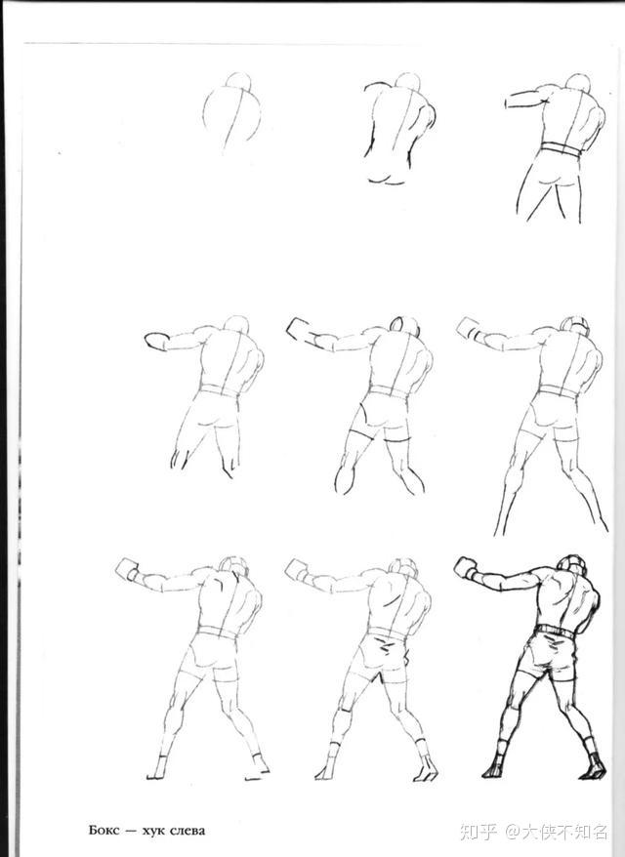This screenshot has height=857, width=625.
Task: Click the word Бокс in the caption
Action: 104,831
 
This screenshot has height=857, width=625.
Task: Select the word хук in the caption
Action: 153,832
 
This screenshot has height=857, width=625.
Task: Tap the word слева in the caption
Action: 187,832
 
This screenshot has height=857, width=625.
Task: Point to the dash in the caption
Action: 130,832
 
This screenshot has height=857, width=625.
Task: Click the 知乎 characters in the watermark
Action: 479,832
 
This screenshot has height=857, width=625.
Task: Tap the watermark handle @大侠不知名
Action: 557,832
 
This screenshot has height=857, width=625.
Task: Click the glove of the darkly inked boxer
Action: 465,568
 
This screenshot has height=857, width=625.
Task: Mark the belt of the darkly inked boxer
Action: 555,631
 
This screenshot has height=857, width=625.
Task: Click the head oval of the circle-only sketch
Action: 238,80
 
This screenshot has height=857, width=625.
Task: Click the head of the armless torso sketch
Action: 408,81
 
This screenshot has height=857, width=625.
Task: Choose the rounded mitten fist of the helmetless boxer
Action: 156,341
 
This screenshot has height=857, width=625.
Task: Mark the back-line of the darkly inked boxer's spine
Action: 567,600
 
